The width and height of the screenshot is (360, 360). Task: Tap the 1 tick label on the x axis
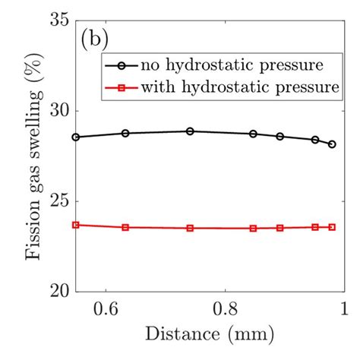click(x=343, y=308)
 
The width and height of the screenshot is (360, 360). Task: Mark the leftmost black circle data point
click(x=75, y=137)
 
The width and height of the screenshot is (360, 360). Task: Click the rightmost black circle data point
click(x=332, y=144)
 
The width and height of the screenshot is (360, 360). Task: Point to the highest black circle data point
click(x=190, y=131)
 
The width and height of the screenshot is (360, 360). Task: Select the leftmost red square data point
click(x=75, y=225)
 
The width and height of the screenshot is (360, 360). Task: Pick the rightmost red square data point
click(x=332, y=227)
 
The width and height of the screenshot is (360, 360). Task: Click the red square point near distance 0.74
click(x=190, y=228)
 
